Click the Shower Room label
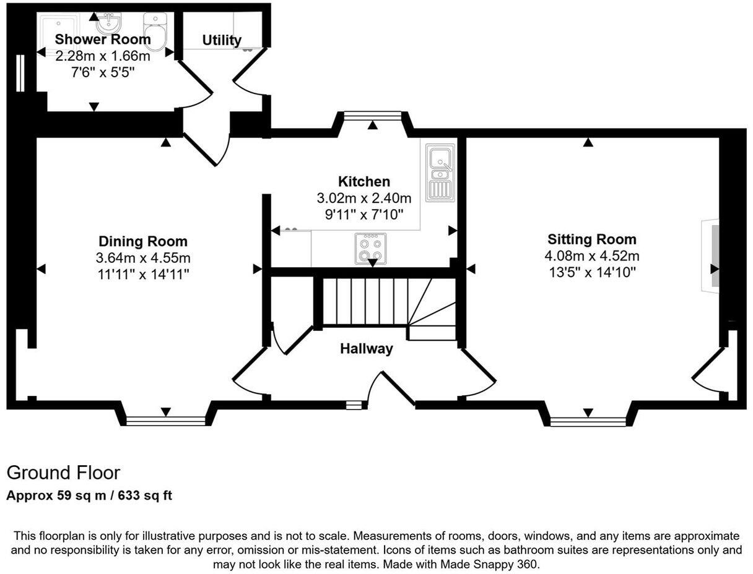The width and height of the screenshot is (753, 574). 103,40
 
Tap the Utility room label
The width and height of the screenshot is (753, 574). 222,40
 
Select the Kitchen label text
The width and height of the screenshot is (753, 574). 364,181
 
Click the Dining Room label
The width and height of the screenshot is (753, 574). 143,241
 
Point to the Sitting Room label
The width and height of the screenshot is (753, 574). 591,239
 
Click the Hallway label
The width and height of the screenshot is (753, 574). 366,349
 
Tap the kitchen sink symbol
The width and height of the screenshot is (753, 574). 440,172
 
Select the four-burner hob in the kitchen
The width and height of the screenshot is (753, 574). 370,248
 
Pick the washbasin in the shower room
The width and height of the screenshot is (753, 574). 109,23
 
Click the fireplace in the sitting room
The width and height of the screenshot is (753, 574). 711,255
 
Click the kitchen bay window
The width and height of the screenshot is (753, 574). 372,114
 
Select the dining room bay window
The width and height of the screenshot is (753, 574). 165,421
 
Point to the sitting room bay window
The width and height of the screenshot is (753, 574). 587,422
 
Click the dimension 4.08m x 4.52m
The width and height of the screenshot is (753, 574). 591,256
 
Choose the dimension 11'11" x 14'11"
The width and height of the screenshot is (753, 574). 143,274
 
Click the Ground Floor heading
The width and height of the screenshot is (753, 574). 63,473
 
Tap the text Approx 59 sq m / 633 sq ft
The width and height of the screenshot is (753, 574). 89,496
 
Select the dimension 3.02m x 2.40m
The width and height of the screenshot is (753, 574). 364,198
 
